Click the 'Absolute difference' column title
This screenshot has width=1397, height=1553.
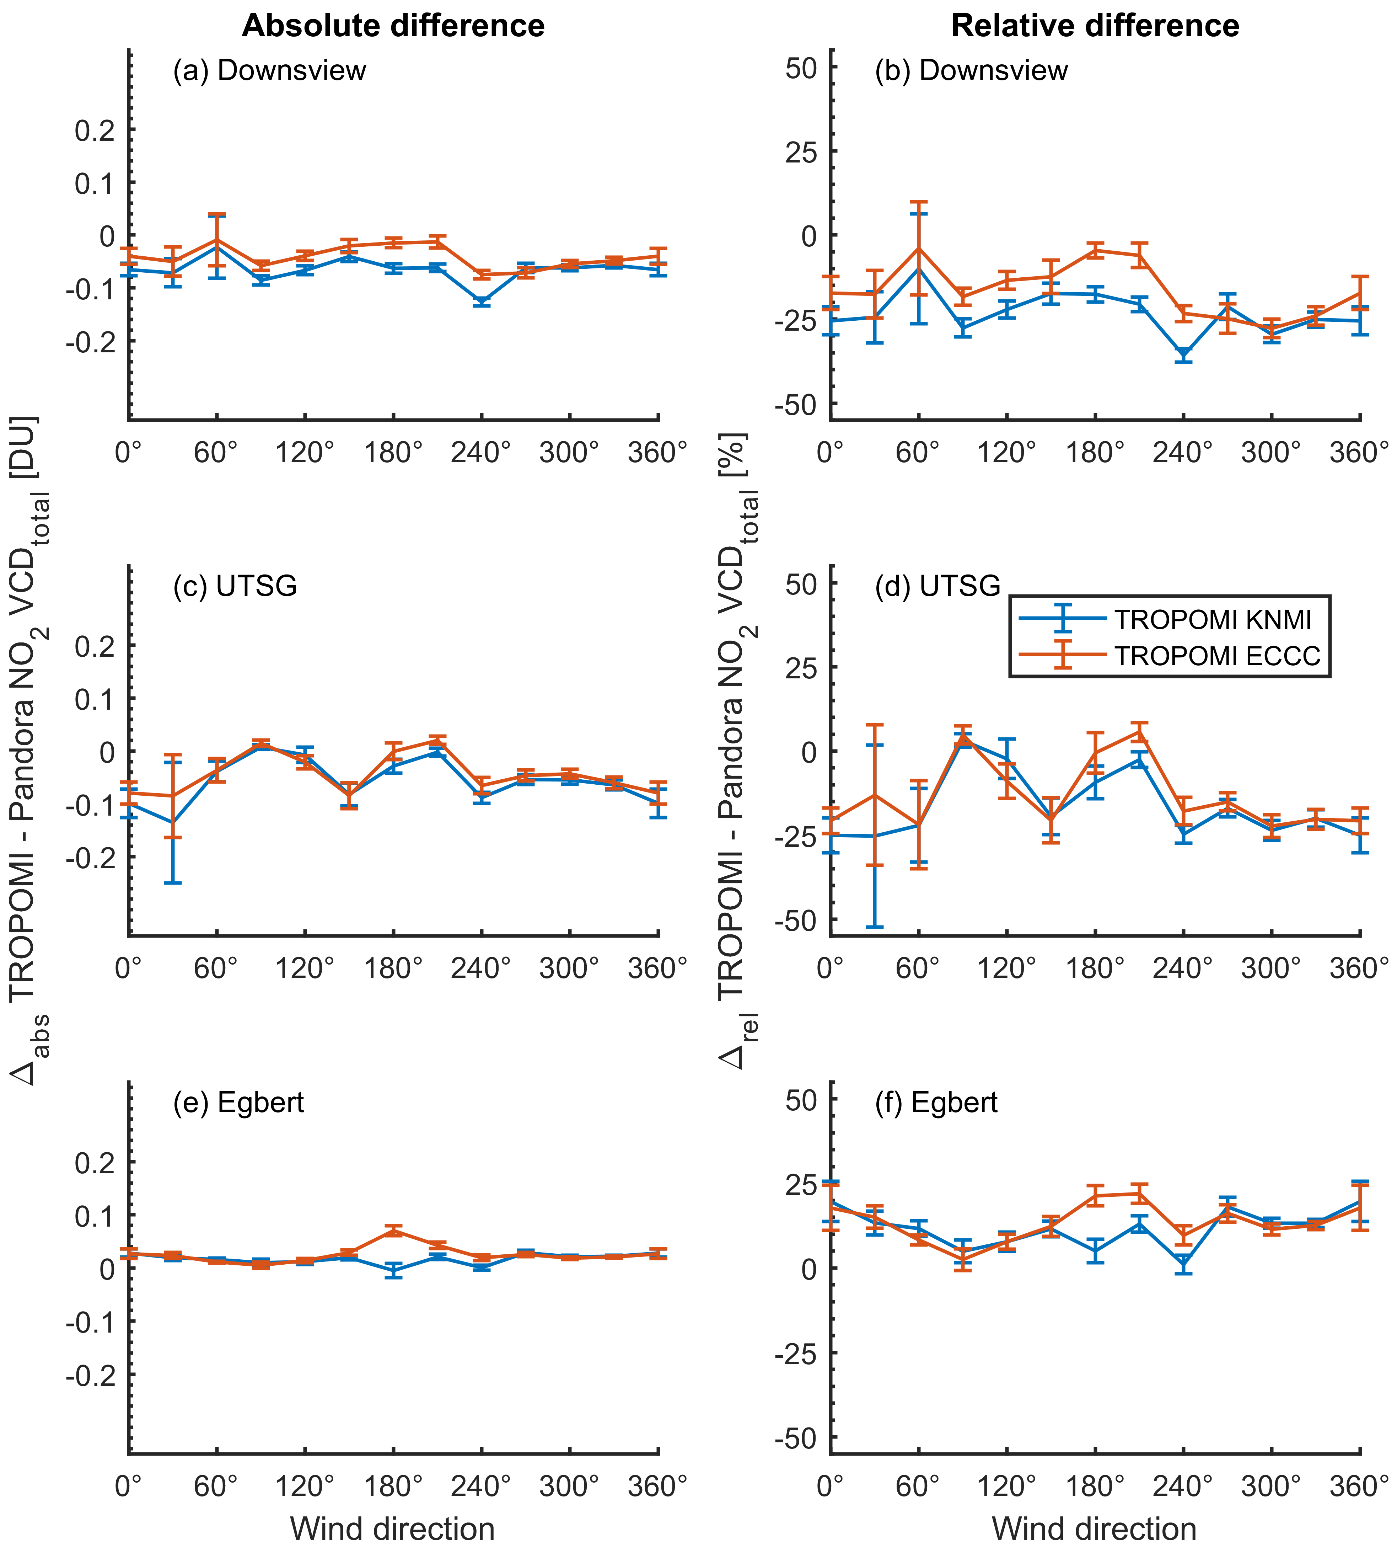point(393,26)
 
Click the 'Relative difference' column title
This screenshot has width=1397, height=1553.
point(1095,26)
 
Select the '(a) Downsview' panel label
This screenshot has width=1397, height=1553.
point(269,71)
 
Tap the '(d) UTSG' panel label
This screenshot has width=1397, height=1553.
point(937,586)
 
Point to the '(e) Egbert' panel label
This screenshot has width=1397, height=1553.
point(239,1102)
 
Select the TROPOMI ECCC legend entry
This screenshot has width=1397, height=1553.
point(1216,655)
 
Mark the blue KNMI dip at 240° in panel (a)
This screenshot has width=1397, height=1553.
point(481,301)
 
